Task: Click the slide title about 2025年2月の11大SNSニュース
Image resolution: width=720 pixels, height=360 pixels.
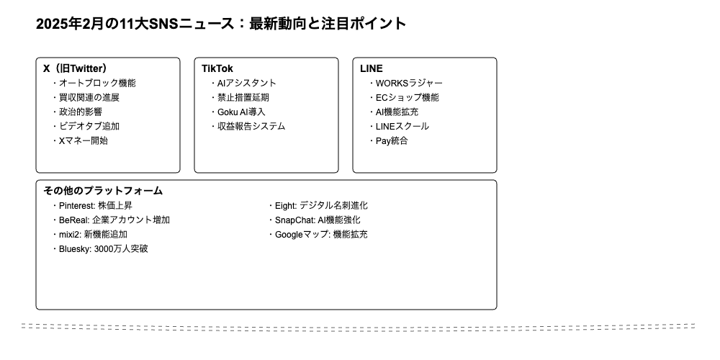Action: [221, 24]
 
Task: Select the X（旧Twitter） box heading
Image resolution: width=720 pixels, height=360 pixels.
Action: [76, 68]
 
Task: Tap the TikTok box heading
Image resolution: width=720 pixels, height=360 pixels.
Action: [217, 68]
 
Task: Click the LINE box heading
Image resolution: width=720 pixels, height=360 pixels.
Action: [371, 68]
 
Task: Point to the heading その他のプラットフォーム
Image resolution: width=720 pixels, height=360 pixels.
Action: [103, 191]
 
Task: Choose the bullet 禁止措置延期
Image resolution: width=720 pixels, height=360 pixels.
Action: [239, 97]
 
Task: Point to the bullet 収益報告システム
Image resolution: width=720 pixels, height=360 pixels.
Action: [247, 126]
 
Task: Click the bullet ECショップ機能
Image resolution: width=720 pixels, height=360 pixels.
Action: [403, 97]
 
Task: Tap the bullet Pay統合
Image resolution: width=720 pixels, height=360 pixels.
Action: [387, 140]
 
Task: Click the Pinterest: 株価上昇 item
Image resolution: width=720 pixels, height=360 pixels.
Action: [91, 206]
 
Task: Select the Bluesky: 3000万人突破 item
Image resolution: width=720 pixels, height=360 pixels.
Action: [99, 249]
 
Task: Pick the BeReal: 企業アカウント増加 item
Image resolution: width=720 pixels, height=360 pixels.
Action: [110, 220]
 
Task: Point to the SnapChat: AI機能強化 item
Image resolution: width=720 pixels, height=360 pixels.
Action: [314, 220]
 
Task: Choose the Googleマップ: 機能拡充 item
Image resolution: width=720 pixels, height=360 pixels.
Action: [318, 235]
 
